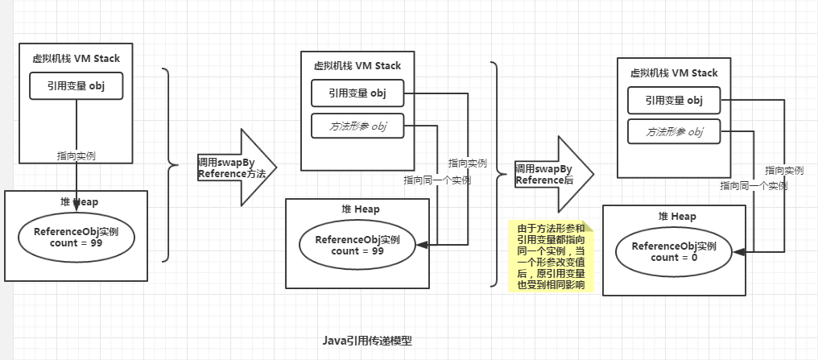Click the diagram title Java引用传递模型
pos(366,341)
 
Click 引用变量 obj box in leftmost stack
pos(76,86)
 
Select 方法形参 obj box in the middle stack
pos(357,126)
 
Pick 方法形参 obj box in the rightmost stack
pos(674,132)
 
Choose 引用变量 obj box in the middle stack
pos(357,93)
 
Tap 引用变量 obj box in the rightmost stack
pos(674,100)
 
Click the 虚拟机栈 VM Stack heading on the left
pos(76,58)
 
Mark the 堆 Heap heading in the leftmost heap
pos(76,202)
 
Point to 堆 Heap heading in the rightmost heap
pos(675,217)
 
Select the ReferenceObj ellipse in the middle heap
pos(358,245)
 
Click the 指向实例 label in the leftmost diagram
pos(76,155)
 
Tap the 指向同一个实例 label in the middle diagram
pos(437,180)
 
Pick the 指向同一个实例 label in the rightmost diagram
pos(754,186)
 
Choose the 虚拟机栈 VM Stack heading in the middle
pos(357,65)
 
